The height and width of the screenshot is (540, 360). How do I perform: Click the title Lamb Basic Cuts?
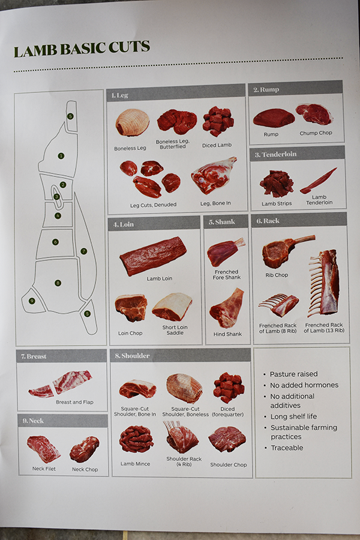(82, 49)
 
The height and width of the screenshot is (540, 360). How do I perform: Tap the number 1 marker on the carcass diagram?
(61, 156)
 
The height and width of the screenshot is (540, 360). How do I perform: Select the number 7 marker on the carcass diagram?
(84, 251)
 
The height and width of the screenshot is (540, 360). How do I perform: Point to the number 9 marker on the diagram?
(32, 301)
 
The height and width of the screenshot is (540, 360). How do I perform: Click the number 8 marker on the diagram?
(58, 283)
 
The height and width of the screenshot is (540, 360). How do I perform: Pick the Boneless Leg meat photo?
(132, 122)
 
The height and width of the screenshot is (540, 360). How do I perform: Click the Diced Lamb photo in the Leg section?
(218, 121)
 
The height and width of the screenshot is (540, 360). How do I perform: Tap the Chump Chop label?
(316, 133)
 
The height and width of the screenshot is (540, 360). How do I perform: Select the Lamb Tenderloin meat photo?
(319, 181)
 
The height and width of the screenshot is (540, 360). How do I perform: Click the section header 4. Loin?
(124, 224)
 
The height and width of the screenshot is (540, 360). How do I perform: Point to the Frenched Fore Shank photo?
(226, 252)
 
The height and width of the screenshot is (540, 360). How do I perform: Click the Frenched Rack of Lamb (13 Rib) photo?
(324, 283)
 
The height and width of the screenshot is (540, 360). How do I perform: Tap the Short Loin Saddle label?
(175, 330)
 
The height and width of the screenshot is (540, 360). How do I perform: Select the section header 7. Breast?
(34, 356)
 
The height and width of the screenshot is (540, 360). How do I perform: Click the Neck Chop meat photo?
(85, 449)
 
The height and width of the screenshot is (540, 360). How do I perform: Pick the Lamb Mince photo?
(136, 439)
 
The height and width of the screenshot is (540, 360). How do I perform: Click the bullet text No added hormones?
(304, 385)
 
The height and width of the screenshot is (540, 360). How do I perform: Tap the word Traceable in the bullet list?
(287, 448)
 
